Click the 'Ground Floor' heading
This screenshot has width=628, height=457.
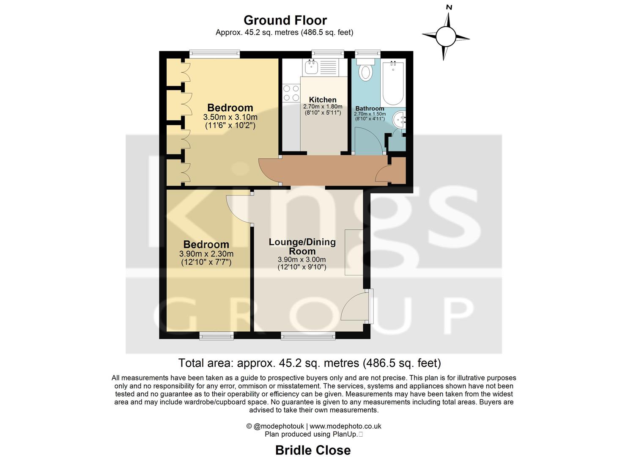pyautogui.click(x=285, y=20)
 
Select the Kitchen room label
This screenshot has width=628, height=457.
pyautogui.click(x=323, y=100)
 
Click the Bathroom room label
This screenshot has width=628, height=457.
pyautogui.click(x=370, y=108)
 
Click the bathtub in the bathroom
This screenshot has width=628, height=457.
pyautogui.click(x=393, y=83)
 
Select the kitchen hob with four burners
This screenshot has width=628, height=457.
pyautogui.click(x=291, y=93)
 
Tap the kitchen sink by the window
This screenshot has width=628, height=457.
pyautogui.click(x=312, y=66)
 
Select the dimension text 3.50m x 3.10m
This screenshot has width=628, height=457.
pyautogui.click(x=230, y=117)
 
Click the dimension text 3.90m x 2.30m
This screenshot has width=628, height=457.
pyautogui.click(x=206, y=254)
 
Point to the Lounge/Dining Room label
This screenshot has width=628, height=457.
pyautogui.click(x=302, y=246)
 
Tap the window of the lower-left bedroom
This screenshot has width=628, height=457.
pyautogui.click(x=217, y=336)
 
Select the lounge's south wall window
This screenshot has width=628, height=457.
pyautogui.click(x=308, y=336)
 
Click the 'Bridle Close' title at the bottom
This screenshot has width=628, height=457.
pyautogui.click(x=313, y=450)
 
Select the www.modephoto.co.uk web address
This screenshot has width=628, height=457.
pyautogui.click(x=346, y=426)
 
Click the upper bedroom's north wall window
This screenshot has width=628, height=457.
pyautogui.click(x=214, y=54)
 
